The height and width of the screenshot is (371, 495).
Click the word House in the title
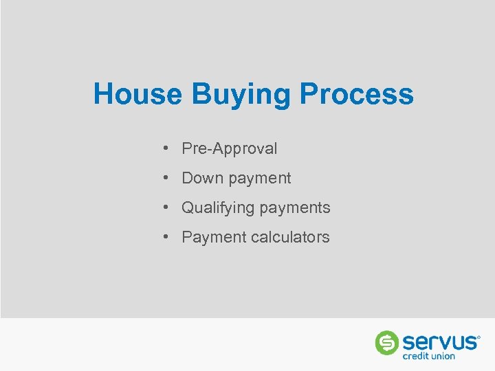[137, 94]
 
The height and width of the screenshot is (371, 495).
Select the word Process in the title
[357, 94]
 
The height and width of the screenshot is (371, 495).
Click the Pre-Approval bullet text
[229, 148]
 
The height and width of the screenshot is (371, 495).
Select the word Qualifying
[216, 208]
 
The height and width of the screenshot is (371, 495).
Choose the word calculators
[290, 237]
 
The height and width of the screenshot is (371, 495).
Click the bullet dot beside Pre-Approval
[167, 148]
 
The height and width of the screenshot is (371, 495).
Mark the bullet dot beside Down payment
[167, 178]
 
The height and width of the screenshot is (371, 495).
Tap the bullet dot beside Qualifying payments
[167, 207]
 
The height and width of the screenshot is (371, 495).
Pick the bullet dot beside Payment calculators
[167, 237]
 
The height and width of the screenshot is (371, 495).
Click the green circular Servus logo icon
[387, 342]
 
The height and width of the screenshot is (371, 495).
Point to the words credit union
[429, 356]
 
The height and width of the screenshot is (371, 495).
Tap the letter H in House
[103, 94]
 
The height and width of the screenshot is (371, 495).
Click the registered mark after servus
[478, 337]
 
